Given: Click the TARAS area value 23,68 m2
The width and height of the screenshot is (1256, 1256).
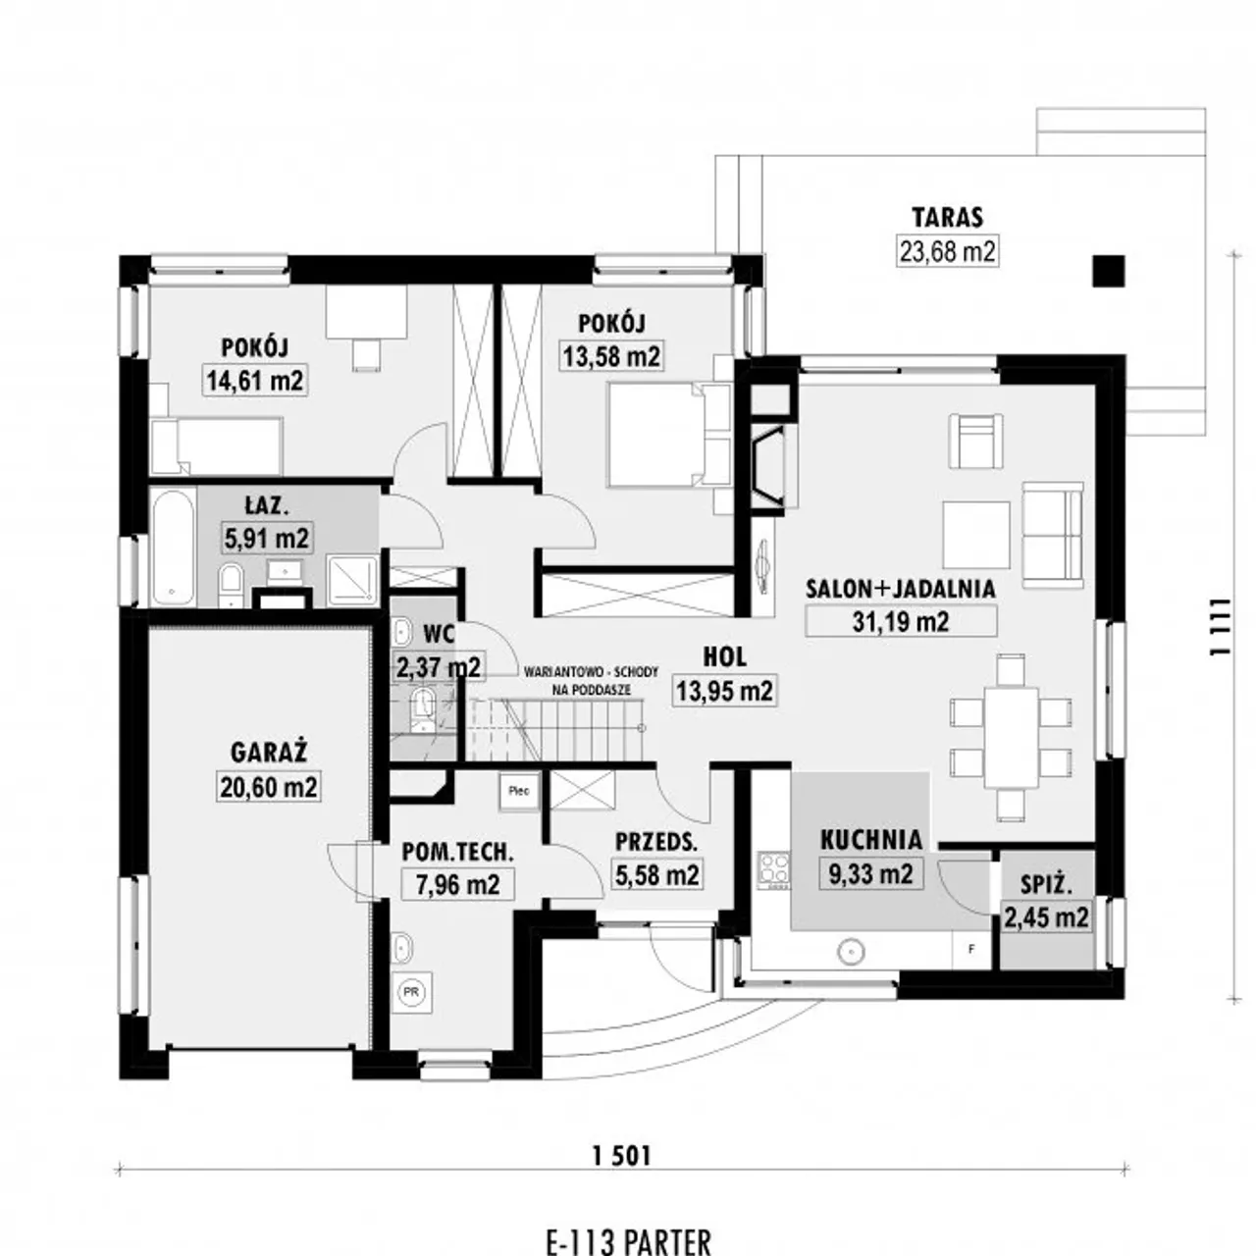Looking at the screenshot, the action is click(947, 251).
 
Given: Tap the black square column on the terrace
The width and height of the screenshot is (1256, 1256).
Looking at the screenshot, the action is click(1109, 271).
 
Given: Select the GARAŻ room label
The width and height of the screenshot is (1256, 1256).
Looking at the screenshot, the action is click(269, 753).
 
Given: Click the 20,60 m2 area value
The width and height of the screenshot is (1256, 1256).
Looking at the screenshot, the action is click(269, 787).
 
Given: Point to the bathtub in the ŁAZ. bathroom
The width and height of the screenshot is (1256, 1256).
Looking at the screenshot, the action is click(174, 547).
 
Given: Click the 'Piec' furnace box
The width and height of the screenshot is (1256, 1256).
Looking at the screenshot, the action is click(519, 791).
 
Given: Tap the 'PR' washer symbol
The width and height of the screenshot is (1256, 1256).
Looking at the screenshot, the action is click(411, 992).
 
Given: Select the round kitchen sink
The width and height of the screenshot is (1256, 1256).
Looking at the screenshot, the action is click(852, 952).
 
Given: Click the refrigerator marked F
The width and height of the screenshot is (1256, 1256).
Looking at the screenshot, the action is click(971, 950).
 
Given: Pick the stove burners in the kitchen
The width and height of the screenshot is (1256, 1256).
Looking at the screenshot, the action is click(773, 870).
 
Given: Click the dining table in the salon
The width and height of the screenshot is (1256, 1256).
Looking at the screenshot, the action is click(1011, 737).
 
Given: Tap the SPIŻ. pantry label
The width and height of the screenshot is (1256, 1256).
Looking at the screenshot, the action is click(1047, 884).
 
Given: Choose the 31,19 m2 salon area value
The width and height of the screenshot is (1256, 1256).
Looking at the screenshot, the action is click(900, 622).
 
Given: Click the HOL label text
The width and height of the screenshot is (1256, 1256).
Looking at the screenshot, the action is click(724, 657).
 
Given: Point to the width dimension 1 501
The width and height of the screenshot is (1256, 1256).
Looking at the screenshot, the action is click(621, 1156).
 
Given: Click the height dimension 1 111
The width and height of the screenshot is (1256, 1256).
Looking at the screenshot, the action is click(1219, 626).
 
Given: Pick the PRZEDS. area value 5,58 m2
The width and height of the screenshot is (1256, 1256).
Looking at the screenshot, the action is click(657, 874).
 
